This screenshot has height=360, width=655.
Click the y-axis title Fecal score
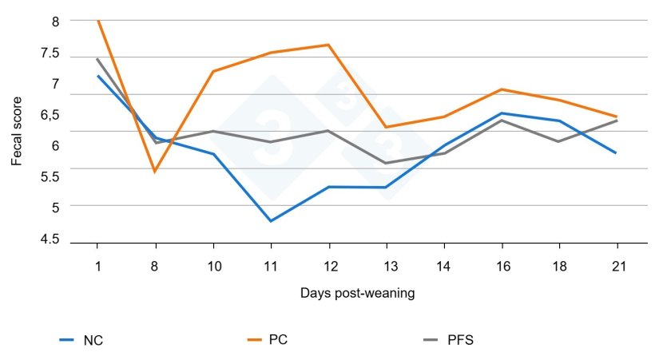coord(17,131)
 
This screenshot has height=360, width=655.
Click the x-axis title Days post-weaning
coord(358,293)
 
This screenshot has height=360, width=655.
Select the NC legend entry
coord(81,340)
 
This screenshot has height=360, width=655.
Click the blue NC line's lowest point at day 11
coord(271,221)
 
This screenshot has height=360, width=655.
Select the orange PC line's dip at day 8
coord(155,172)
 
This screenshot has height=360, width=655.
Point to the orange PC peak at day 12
coord(328,45)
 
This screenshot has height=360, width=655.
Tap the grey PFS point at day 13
coord(386,163)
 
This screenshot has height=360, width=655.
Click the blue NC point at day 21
coord(617,152)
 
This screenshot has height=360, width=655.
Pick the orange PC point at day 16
coord(501,89)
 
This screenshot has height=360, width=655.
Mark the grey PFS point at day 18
coord(559,141)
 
